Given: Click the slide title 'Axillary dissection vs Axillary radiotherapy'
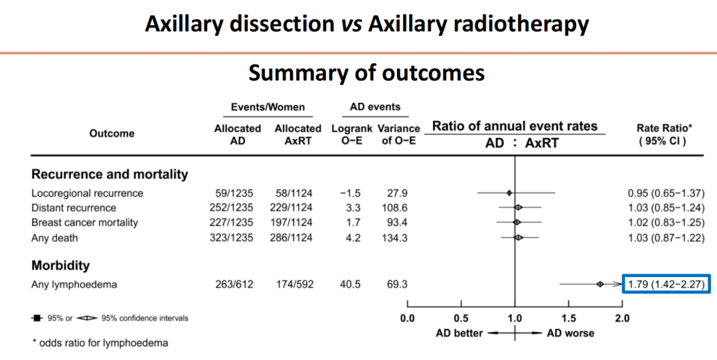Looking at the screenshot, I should pos(366,24).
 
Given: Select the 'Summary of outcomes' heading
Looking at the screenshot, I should pos(366,72).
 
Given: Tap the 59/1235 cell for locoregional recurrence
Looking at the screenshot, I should pos(233,193).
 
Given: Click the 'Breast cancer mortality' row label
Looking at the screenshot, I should pos(85,223).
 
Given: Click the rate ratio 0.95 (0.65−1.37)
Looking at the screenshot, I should pos(666,193).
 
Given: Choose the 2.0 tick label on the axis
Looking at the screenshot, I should pos(622,318).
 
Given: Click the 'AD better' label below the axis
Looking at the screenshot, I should pos(459,333).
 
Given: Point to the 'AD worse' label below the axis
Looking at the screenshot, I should pos(570,333).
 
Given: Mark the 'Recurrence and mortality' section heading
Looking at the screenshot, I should pos(110,175).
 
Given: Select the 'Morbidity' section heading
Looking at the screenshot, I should pos(60,266).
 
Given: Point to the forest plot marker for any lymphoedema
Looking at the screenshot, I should pos(600,285).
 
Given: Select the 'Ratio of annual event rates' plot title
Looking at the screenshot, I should pos(515,126).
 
